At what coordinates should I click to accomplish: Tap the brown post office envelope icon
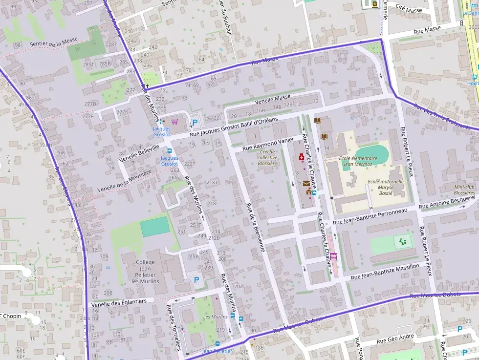306,184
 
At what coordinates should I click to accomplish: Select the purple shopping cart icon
174,122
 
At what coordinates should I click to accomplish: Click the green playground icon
403,241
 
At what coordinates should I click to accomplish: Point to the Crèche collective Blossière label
267,157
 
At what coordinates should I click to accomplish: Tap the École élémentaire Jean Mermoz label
358,161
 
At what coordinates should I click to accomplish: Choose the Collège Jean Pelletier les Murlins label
145,272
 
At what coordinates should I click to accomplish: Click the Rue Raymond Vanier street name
268,144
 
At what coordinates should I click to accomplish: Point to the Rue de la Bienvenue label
256,227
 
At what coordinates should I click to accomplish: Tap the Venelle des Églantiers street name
119,302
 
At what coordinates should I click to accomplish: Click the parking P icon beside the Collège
196,280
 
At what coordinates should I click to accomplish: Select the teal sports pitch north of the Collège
155,227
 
